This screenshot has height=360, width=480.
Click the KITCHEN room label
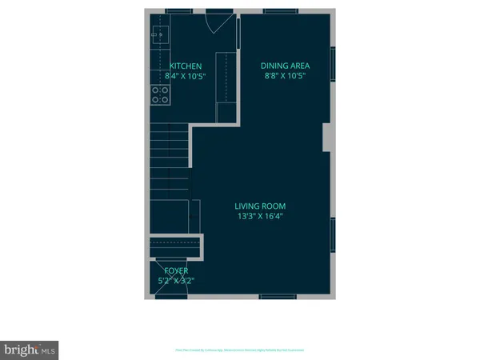[x=186, y=66]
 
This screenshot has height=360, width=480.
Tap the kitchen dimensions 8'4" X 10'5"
[x=186, y=76]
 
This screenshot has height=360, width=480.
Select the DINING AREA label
[x=286, y=66]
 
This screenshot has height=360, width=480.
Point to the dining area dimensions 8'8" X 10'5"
[x=286, y=76]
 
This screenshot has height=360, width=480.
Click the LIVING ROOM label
[x=262, y=206]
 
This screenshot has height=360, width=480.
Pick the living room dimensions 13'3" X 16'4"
[x=262, y=216]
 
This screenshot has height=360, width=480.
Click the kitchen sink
[x=158, y=34]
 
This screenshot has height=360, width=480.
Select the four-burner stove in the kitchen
[x=160, y=95]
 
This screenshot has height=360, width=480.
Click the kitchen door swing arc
[x=216, y=22]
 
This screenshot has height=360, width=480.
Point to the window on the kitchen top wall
[x=176, y=10]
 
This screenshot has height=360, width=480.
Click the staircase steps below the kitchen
[x=169, y=160]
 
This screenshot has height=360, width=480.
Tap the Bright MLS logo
[x=30, y=350]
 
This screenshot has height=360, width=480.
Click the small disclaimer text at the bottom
[x=239, y=350]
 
